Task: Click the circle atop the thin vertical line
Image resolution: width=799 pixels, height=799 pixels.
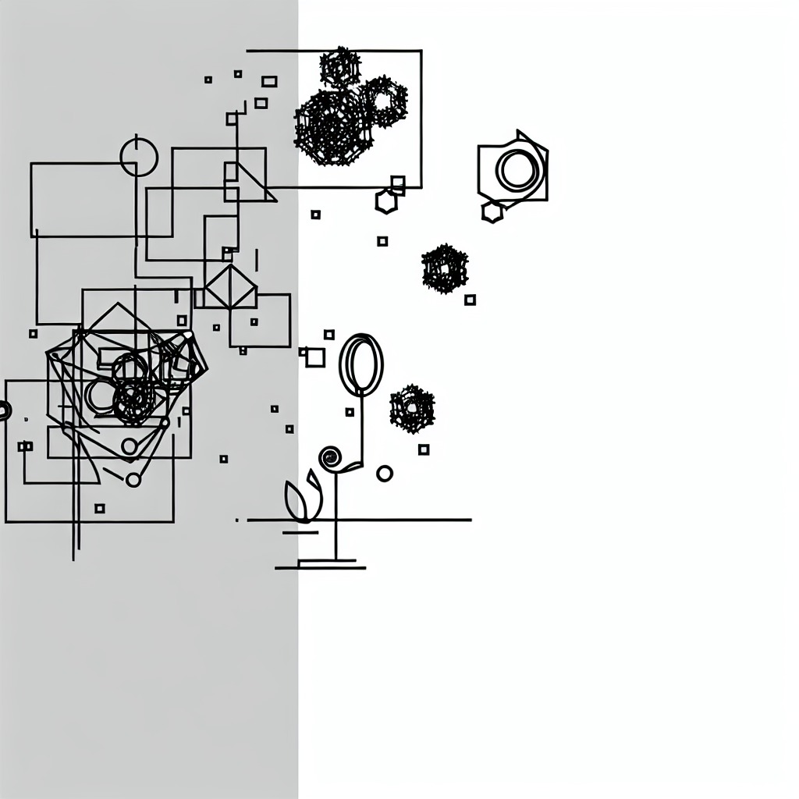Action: tap(139, 157)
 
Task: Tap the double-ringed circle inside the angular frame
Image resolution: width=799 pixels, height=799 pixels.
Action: tap(517, 169)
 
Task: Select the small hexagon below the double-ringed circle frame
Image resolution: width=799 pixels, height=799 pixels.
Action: tap(492, 211)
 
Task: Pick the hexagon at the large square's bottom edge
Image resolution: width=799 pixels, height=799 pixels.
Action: tap(386, 201)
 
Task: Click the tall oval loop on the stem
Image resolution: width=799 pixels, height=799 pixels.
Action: tap(361, 364)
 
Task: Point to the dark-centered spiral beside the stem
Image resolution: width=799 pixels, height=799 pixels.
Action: tap(330, 457)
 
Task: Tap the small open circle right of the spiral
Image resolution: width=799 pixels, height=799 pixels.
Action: tap(385, 473)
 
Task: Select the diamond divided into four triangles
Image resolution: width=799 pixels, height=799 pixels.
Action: tap(230, 287)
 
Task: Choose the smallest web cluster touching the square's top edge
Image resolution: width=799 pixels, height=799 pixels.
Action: tap(340, 68)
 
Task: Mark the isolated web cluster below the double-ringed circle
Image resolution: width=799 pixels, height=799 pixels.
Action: tap(445, 269)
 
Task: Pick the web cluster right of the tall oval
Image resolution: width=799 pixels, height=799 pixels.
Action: tap(412, 408)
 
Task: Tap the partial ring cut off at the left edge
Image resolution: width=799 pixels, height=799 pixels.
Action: tap(4, 410)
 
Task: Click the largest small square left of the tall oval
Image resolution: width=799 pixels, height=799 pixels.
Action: tap(315, 357)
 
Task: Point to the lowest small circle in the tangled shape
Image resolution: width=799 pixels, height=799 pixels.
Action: tap(133, 479)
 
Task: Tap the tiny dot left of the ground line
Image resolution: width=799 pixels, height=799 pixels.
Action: tap(237, 520)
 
